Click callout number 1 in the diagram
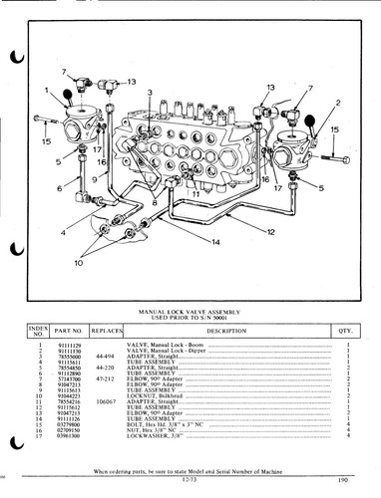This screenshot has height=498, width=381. point(46,91)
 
